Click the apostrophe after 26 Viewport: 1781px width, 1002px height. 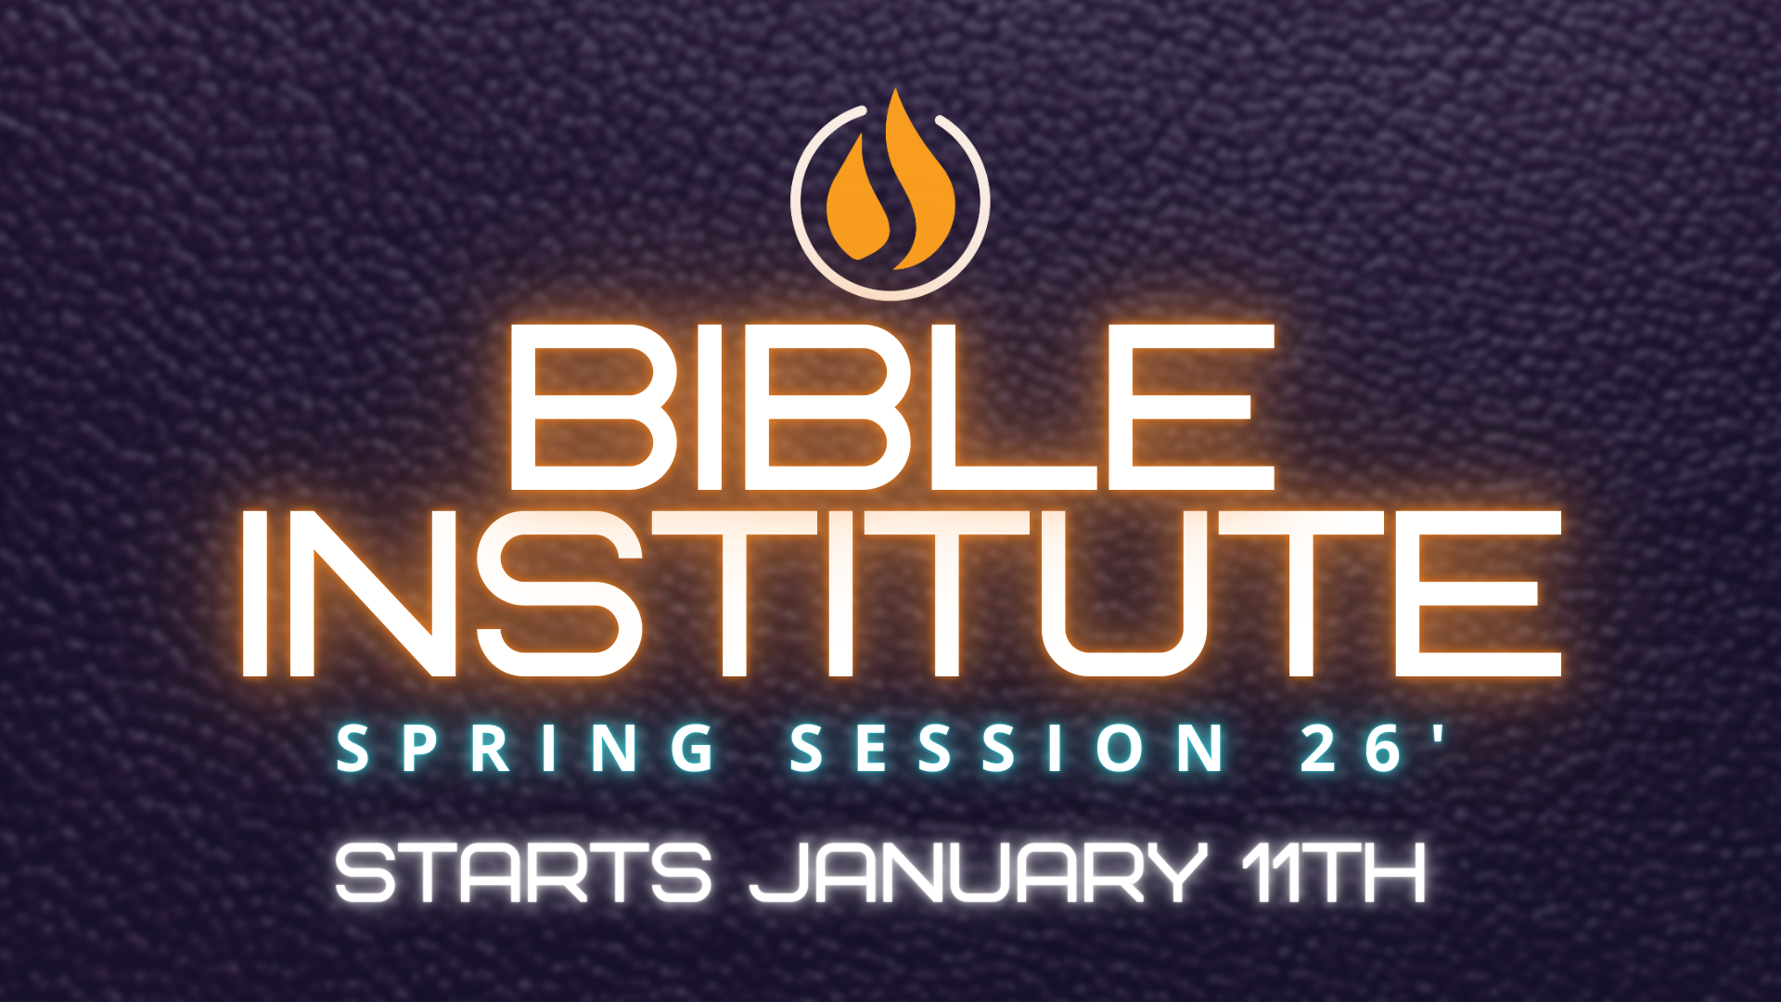[x=1438, y=733]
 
